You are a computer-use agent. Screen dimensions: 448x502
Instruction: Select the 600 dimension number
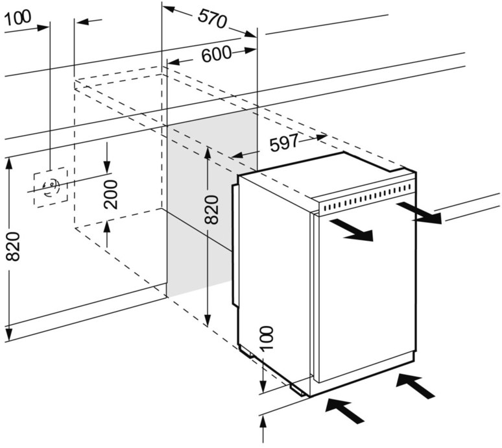[216, 55]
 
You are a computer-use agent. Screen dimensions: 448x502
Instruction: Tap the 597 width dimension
[283, 143]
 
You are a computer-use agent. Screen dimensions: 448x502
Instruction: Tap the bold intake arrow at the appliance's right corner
[416, 385]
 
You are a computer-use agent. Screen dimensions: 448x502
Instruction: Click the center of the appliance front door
[363, 295]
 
